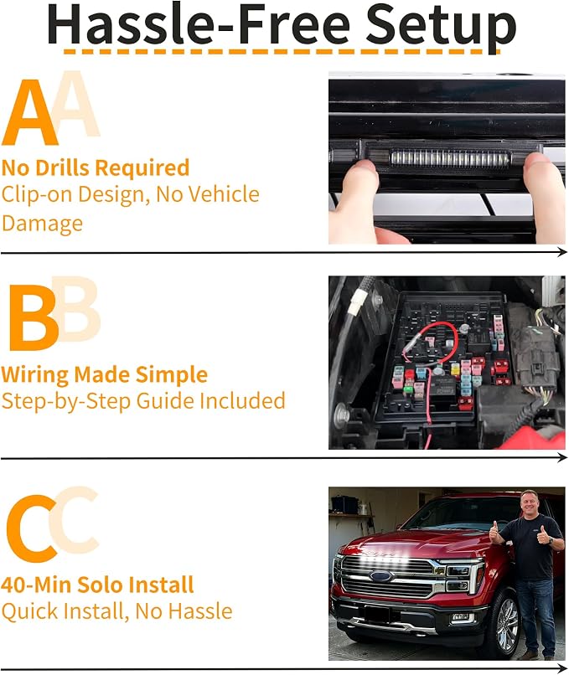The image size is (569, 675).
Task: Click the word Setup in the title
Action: [x=441, y=26]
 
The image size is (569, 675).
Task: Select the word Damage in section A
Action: [x=42, y=223]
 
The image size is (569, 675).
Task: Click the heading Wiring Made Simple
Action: [x=104, y=375]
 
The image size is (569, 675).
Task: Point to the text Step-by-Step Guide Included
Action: [x=143, y=402]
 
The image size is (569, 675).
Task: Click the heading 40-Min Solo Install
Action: [x=97, y=585]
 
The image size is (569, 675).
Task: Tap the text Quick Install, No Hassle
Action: [x=116, y=611]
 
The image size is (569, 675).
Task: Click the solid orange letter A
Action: [x=29, y=113]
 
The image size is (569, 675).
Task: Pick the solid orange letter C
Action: [x=32, y=528]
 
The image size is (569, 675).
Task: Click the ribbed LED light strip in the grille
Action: [x=450, y=159]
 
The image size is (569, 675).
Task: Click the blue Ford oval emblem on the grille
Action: [x=382, y=577]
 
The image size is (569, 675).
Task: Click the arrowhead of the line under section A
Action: [x=561, y=252]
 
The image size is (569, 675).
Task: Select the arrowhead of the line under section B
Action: [x=561, y=457]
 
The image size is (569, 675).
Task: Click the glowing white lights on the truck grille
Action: [x=379, y=559]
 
